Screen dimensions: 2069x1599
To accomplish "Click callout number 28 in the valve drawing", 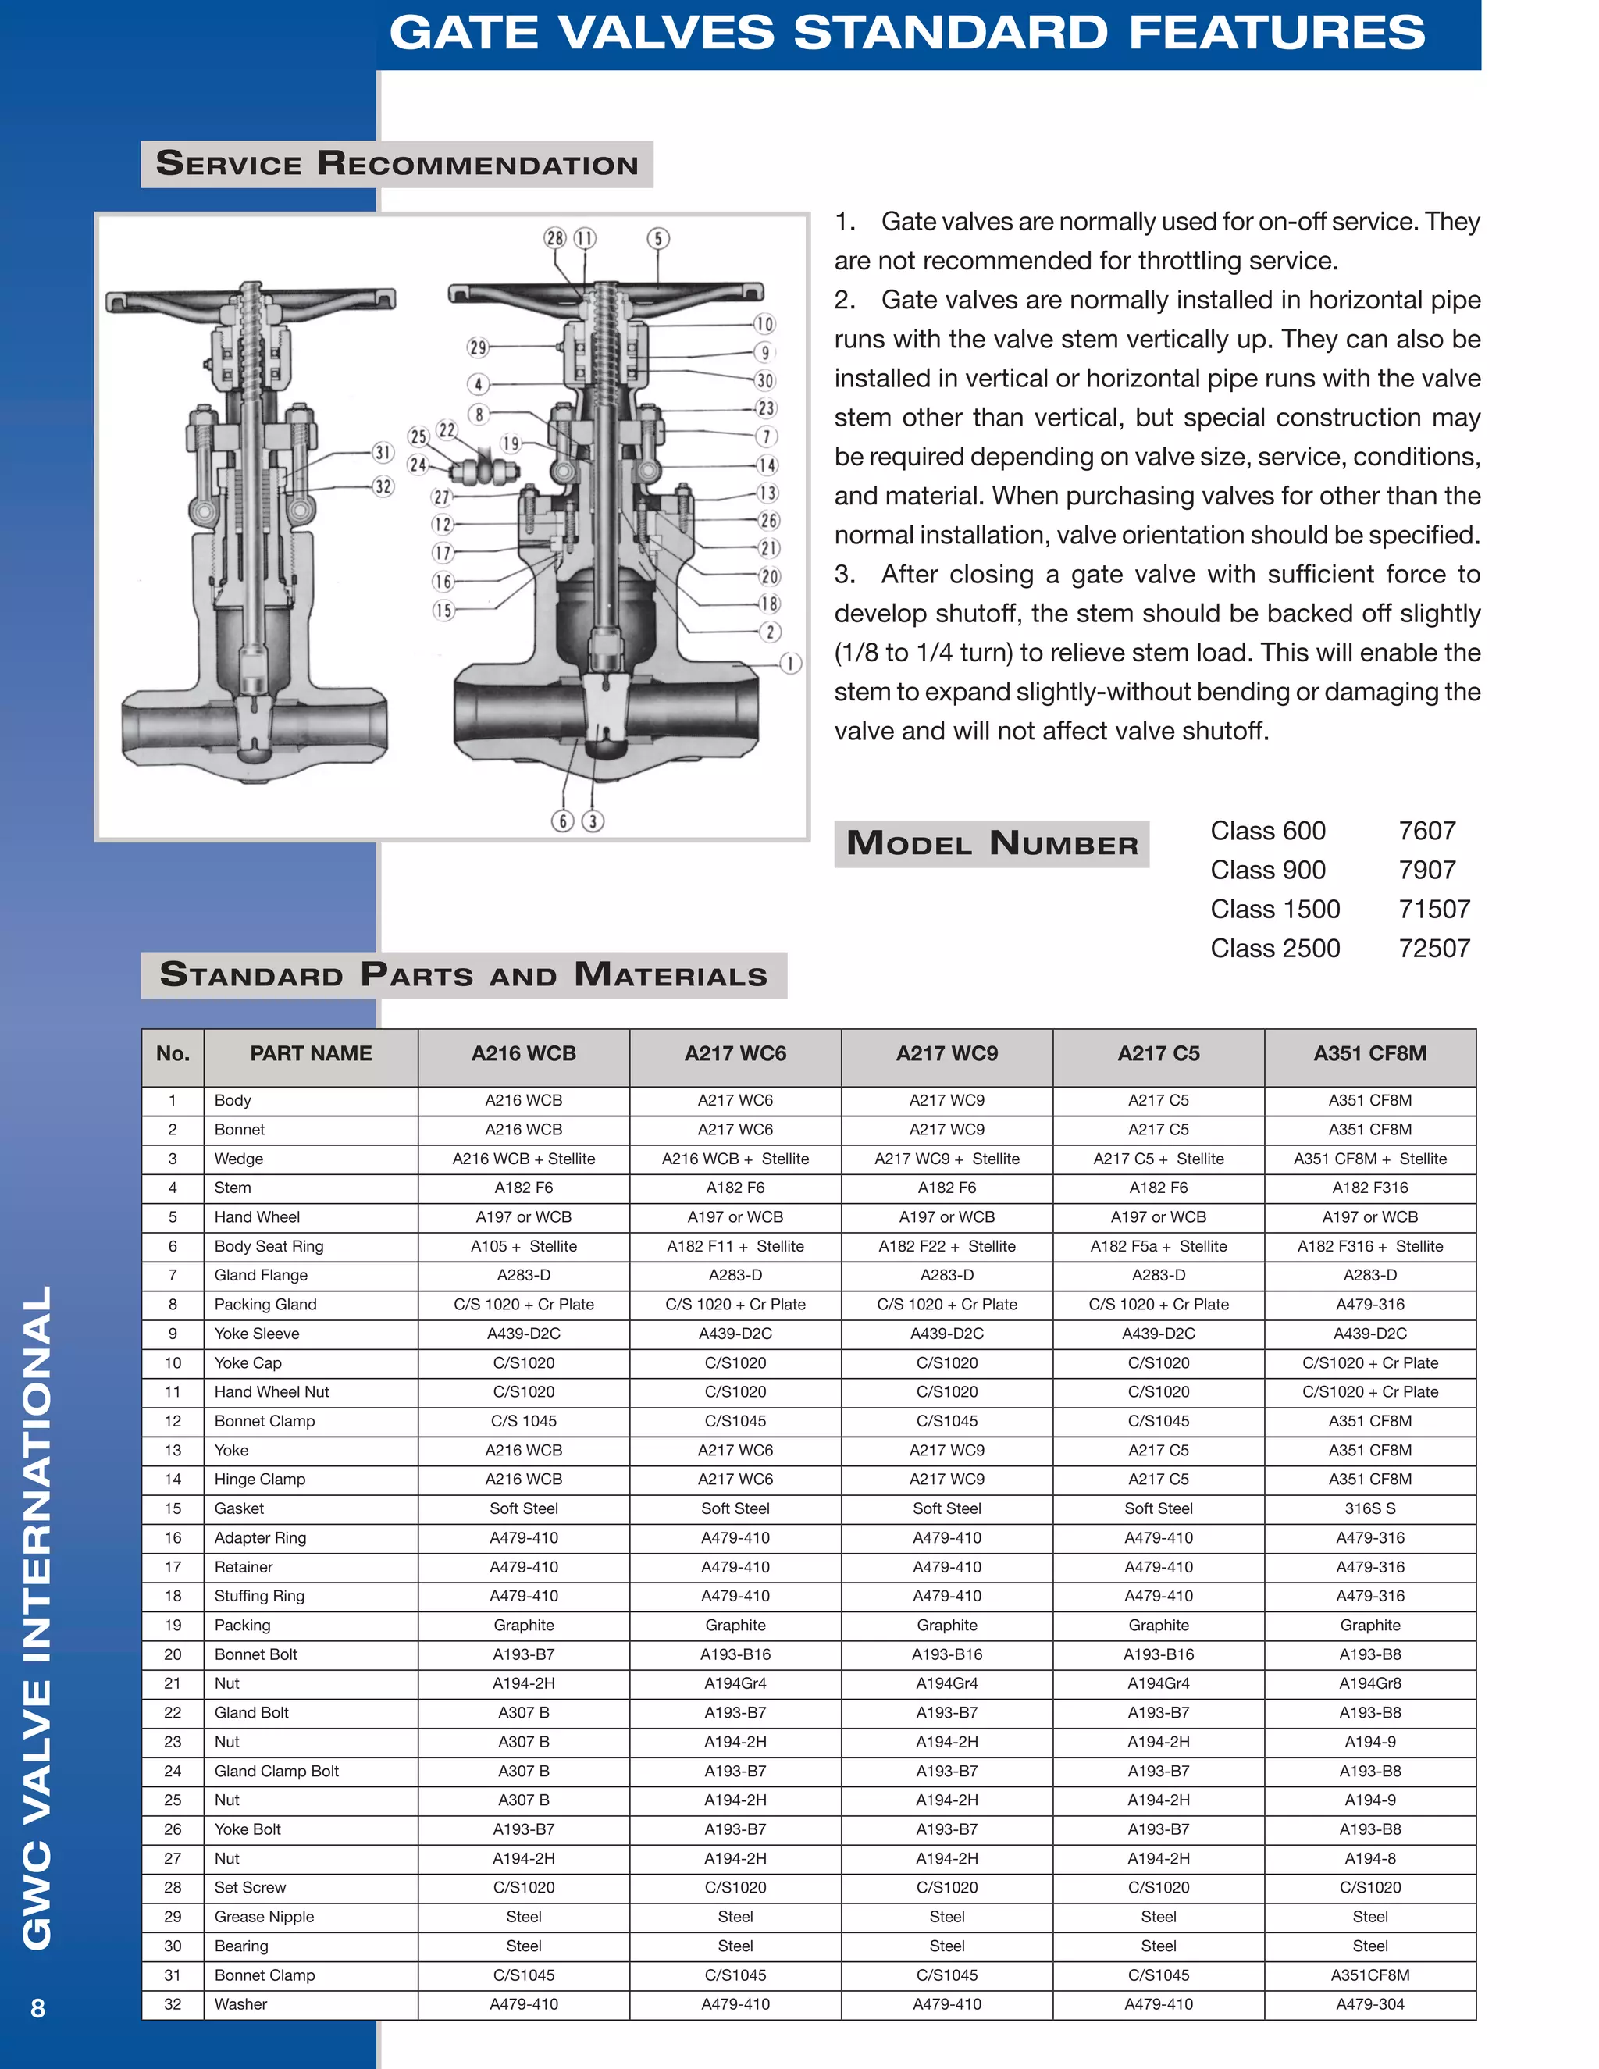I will pyautogui.click(x=555, y=238).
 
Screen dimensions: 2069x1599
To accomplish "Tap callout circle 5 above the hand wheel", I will pyautogui.click(x=658, y=239).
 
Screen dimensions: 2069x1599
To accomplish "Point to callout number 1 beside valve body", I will pyautogui.click(x=790, y=663).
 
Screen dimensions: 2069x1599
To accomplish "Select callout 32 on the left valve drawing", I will pyautogui.click(x=383, y=487).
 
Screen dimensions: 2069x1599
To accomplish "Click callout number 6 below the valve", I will pyautogui.click(x=563, y=821).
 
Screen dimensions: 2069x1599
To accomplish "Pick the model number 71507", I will pyautogui.click(x=1434, y=910).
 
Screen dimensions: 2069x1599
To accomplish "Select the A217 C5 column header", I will pyautogui.click(x=1158, y=1053).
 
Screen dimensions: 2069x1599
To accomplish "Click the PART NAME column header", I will pyautogui.click(x=311, y=1053).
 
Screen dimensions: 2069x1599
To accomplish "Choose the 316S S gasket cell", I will pyautogui.click(x=1369, y=1508).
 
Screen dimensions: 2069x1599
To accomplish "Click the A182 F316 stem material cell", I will pyautogui.click(x=1369, y=1188).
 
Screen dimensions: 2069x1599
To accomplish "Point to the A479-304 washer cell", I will pyautogui.click(x=1369, y=2003).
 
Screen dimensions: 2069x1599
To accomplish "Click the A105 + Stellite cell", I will pyautogui.click(x=524, y=1247).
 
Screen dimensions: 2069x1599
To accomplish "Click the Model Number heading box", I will pyautogui.click(x=992, y=843).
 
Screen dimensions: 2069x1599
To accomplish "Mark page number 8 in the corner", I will pyautogui.click(x=38, y=2007).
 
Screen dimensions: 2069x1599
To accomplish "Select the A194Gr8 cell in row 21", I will pyautogui.click(x=1369, y=1683).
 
